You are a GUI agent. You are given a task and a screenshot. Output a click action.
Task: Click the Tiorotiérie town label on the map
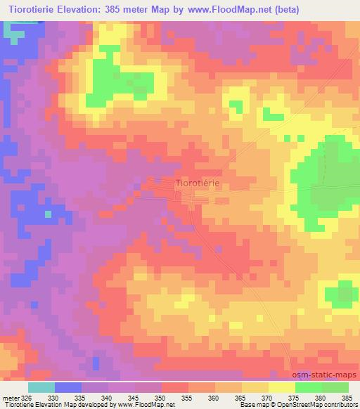point(197,183)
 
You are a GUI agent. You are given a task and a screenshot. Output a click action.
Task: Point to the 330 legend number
point(68,396)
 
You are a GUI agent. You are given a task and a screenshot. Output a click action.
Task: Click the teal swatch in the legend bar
point(41,387)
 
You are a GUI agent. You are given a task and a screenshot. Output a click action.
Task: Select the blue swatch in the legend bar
point(68,387)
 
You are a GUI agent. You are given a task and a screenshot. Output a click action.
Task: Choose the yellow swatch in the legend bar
point(282,387)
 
